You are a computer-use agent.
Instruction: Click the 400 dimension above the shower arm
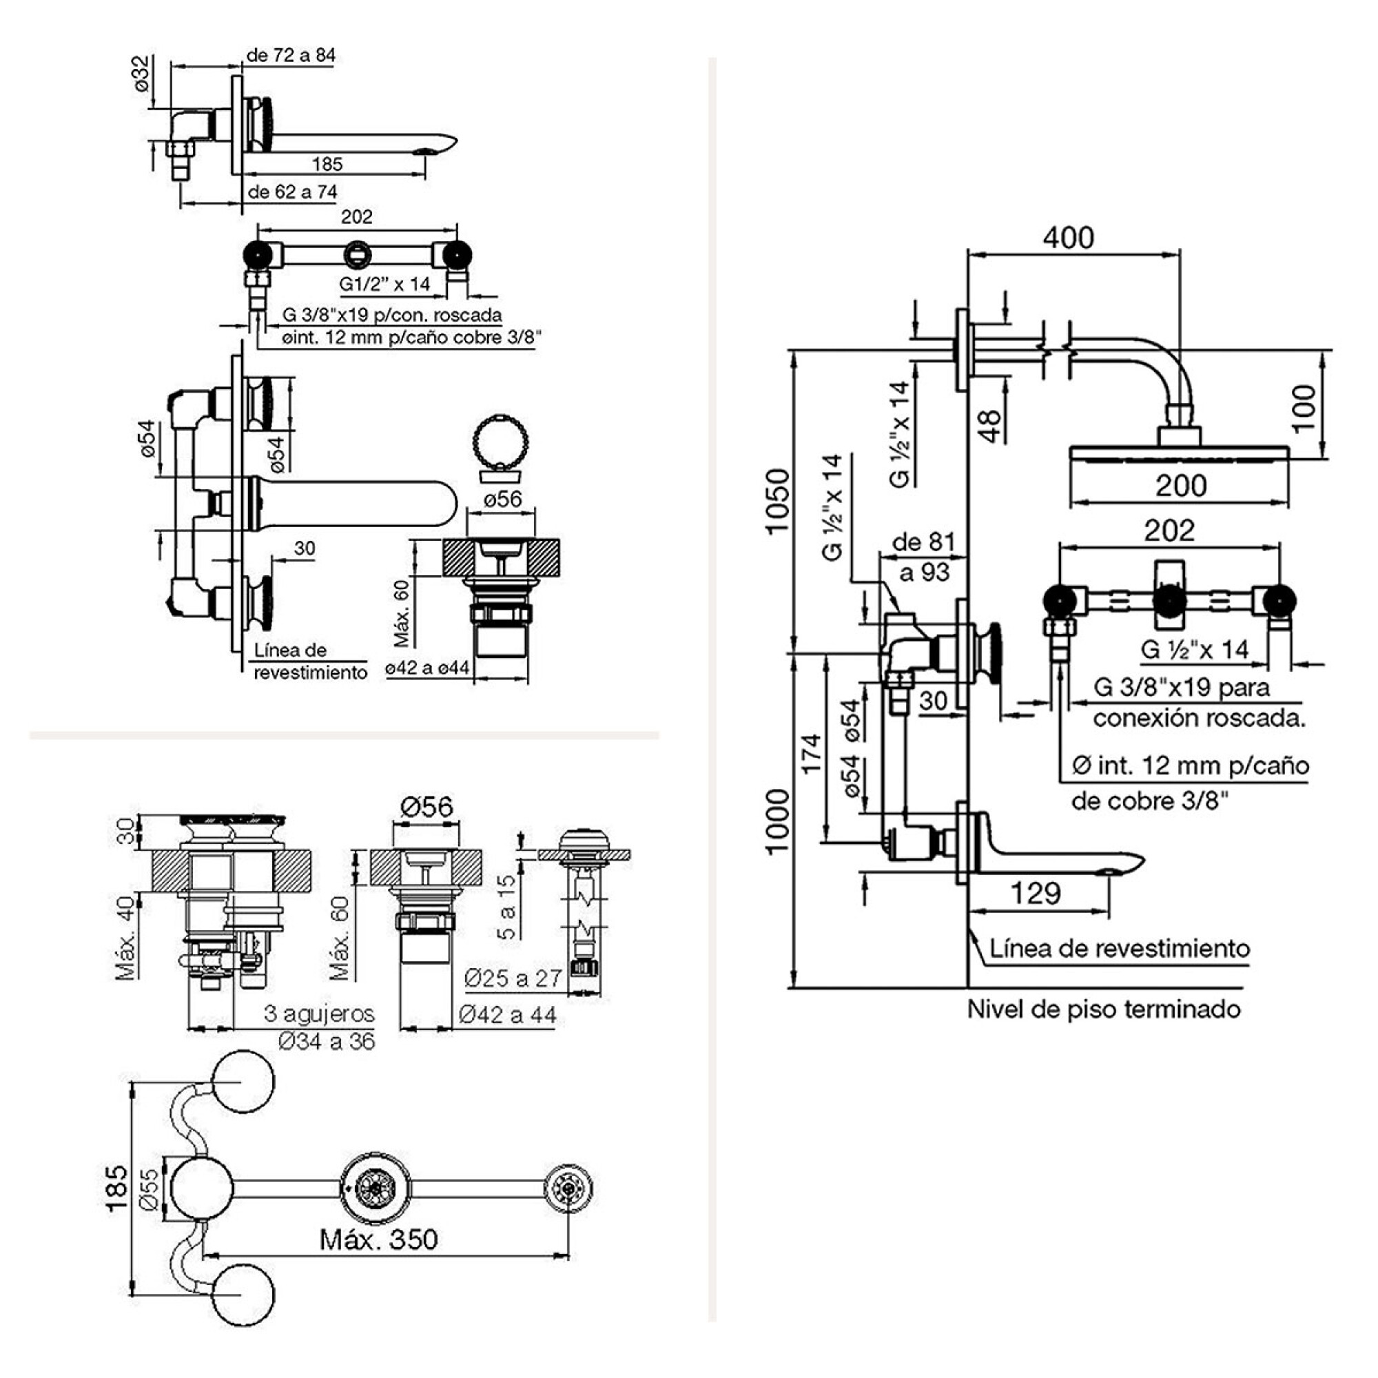pos(1068,238)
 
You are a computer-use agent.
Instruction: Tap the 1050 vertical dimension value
pos(777,501)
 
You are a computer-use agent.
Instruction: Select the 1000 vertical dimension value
pos(777,821)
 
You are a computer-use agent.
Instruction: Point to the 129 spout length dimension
pos(1036,893)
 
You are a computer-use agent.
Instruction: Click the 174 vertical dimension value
pos(812,754)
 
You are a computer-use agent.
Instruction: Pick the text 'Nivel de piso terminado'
pos(1103,1009)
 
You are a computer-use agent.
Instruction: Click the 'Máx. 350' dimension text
pos(378,1239)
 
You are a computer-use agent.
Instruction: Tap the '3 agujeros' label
pos(319,1013)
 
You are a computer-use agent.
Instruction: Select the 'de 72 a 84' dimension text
pos(290,55)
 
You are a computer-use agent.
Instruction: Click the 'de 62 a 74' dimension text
pos(292,192)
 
